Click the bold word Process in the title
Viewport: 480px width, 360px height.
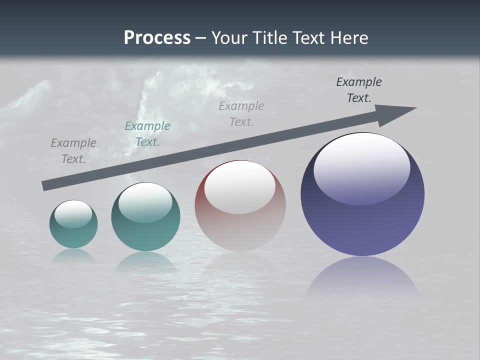pos(157,37)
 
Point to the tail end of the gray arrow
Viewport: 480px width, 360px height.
pos(44,186)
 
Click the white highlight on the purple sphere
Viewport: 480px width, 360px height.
pos(361,167)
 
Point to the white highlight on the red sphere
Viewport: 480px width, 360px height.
pos(239,186)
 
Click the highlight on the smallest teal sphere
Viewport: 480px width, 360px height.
pos(73,213)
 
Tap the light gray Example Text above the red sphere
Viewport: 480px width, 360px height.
pos(241,113)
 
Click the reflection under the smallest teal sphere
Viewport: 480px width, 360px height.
pos(73,255)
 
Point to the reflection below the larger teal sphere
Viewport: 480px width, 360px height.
pos(145,262)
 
